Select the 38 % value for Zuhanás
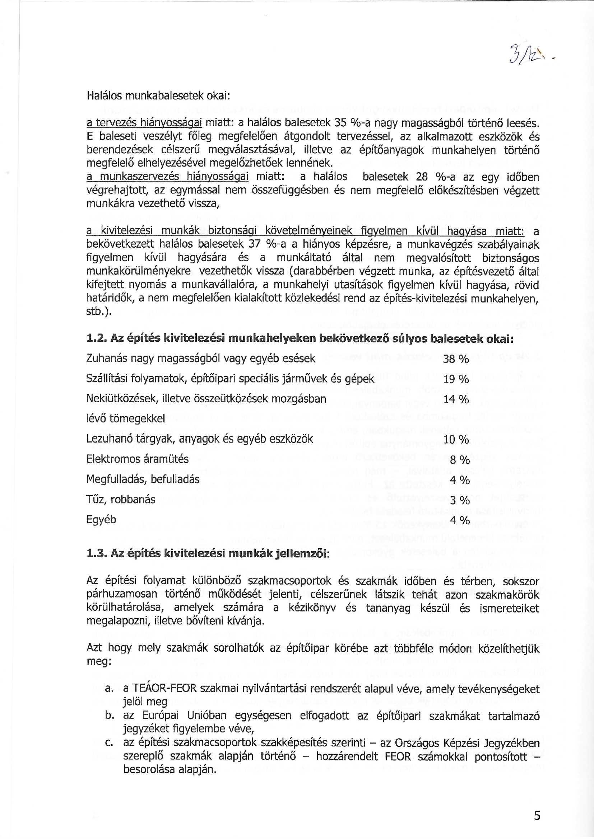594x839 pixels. (x=456, y=360)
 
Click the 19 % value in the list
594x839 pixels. (x=456, y=380)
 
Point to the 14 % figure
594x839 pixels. (x=456, y=400)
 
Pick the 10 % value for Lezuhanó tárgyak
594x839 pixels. (x=456, y=440)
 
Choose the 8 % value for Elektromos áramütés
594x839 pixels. (x=459, y=460)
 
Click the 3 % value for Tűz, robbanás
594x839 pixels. (x=459, y=500)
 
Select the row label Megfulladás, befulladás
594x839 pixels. (x=143, y=479)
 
